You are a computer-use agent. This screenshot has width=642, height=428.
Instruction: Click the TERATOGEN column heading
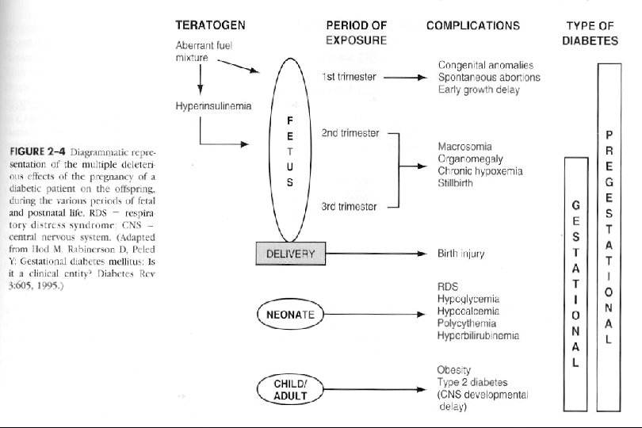point(210,25)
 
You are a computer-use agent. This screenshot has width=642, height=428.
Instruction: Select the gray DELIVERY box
point(290,254)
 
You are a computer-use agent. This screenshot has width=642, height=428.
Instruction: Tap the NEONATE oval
point(290,315)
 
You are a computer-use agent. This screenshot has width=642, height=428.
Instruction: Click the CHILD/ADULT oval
point(290,388)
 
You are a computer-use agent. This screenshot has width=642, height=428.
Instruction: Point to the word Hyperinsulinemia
point(213,106)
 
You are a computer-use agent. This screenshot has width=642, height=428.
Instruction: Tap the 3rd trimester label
point(349,206)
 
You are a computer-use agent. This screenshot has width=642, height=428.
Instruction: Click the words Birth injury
point(461,254)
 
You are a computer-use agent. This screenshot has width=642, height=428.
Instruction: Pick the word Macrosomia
point(464,147)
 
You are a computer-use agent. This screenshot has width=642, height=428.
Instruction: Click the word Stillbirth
point(457,183)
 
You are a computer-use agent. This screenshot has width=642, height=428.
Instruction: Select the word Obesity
point(454,370)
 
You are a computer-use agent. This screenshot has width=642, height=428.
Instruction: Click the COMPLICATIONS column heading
point(472,25)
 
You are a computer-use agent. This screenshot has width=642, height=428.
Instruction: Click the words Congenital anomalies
point(485,65)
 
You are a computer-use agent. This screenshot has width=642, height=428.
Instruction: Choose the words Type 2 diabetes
point(473,382)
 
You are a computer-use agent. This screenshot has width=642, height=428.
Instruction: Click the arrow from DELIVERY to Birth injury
point(373,254)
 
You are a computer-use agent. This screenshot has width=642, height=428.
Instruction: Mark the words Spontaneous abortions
point(489,78)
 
